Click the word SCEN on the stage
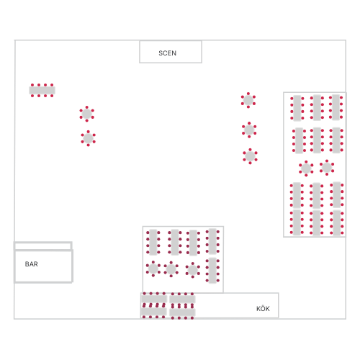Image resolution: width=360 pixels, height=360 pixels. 167,53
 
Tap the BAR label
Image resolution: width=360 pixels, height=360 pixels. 32,264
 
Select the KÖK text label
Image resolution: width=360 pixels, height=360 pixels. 263,309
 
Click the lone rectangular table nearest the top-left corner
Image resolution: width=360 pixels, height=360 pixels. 42,90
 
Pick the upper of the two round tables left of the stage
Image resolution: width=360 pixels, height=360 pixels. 86,114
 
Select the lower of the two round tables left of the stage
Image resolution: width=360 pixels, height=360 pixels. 88,138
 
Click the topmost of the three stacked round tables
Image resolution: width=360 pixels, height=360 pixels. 248,100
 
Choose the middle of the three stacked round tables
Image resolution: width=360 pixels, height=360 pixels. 249,130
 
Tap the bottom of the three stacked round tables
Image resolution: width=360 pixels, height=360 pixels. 250,156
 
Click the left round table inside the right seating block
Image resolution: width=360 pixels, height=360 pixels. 306,168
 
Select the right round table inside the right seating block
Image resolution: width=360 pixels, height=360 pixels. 327,168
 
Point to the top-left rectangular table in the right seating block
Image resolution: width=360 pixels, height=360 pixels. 297,108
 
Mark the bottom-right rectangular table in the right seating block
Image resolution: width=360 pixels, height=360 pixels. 336,222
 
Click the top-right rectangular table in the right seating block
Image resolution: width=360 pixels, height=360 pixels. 336,107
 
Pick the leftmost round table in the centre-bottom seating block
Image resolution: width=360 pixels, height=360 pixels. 153,269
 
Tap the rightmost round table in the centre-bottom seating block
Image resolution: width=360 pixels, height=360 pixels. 192,270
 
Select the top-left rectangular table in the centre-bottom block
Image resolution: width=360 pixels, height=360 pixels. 153,242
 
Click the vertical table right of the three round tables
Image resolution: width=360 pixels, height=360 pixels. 212,271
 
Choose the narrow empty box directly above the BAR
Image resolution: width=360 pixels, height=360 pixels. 43,246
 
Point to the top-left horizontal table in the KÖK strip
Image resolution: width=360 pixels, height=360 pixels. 154,299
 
